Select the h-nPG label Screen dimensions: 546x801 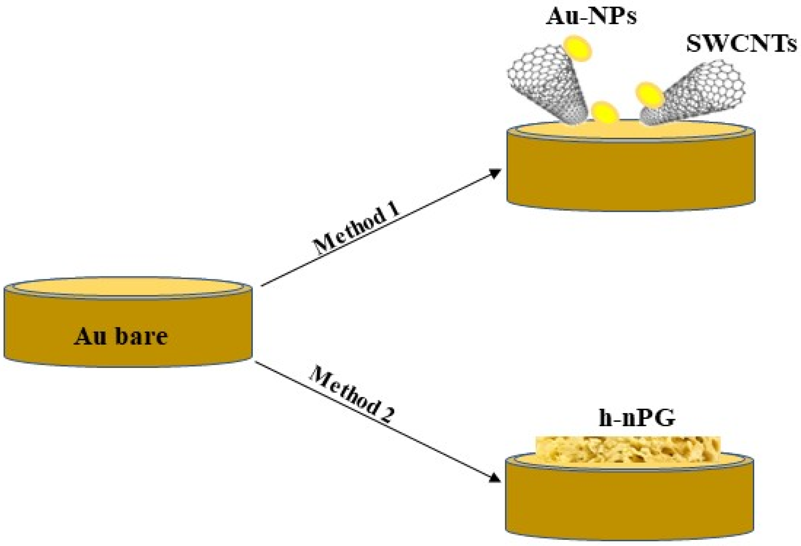pos(636,419)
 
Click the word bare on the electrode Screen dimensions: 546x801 pos(141,336)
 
